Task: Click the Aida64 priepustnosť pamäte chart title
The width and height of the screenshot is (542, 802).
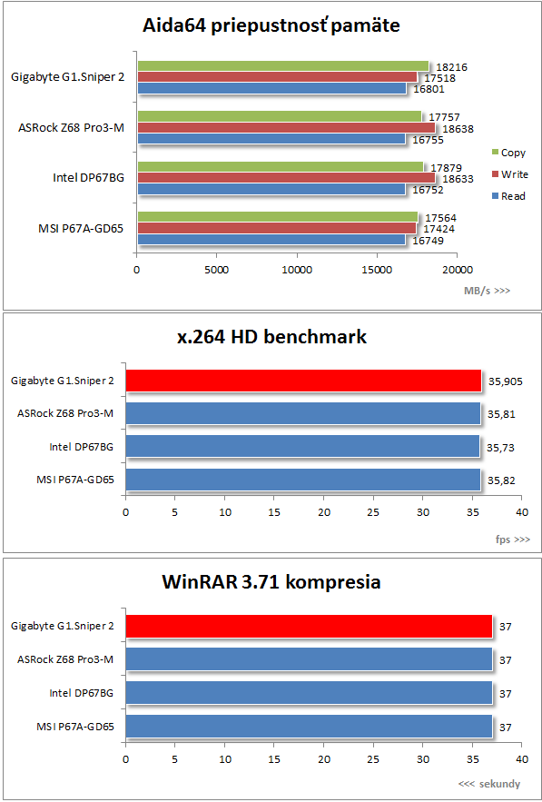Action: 271,25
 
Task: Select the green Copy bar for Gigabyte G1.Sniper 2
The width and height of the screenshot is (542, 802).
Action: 283,66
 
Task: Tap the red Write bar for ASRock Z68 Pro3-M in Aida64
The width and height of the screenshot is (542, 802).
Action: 286,127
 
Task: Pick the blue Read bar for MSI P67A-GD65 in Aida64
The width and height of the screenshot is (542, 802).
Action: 271,240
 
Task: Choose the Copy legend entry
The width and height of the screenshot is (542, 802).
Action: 508,153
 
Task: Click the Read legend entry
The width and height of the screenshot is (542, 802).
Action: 508,196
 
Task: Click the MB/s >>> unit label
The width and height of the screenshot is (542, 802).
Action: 487,291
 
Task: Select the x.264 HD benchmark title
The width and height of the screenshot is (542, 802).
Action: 271,338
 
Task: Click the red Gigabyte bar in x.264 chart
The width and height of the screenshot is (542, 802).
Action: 304,381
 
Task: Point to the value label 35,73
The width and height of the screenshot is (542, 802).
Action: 500,448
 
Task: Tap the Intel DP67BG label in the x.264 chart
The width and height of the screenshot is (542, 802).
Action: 82,448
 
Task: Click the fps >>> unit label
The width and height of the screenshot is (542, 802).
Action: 511,540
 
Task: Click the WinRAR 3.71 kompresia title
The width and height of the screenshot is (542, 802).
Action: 271,582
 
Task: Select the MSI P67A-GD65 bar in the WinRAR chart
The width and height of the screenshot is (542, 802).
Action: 309,727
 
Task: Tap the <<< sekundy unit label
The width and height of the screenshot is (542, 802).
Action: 489,784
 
